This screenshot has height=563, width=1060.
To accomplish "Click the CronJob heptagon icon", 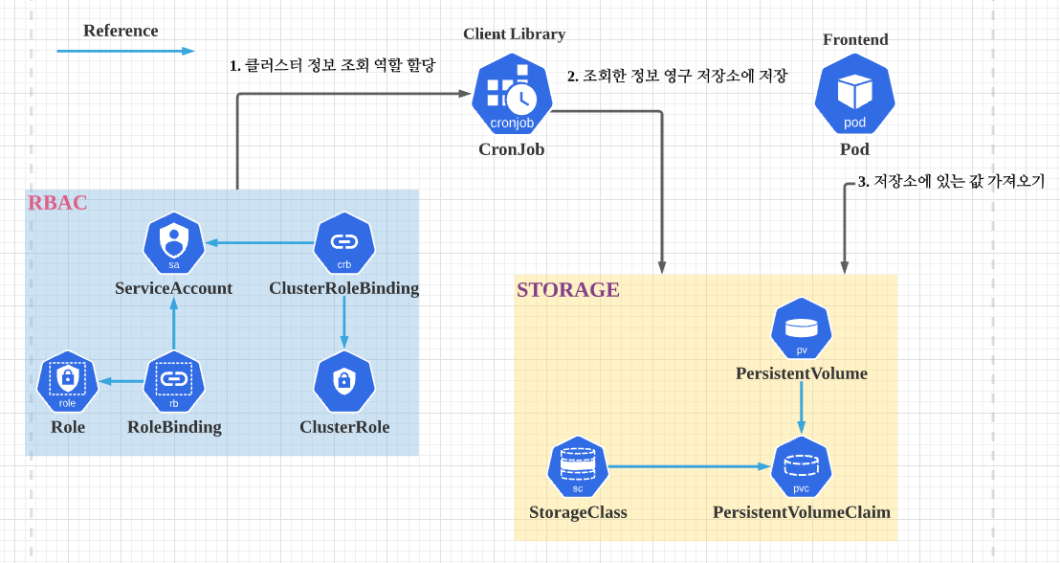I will [512, 96].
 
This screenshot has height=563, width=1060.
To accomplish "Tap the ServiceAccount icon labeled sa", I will [174, 242].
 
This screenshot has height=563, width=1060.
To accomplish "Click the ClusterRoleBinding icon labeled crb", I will [343, 242].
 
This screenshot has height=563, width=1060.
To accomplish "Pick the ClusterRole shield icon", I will [343, 381].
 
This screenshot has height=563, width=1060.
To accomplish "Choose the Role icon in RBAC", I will [67, 381].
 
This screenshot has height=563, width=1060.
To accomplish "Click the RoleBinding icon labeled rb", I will [174, 381].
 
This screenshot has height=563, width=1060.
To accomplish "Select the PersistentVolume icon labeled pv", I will [802, 328].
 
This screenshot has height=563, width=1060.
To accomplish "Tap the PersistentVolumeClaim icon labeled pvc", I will [802, 467].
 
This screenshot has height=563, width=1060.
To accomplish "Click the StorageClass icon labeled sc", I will [578, 467].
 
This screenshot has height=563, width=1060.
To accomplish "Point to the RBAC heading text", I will [57, 203].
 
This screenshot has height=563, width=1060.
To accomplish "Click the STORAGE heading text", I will [567, 290].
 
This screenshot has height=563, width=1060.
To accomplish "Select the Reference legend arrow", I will [124, 52].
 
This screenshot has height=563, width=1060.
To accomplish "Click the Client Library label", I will [514, 34].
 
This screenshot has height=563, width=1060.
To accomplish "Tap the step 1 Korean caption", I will [332, 66].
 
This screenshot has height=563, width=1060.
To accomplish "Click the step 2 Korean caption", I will [677, 76].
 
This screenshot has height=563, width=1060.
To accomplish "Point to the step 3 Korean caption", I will [951, 181].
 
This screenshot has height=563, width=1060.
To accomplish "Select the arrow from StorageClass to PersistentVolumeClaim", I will [689, 467].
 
